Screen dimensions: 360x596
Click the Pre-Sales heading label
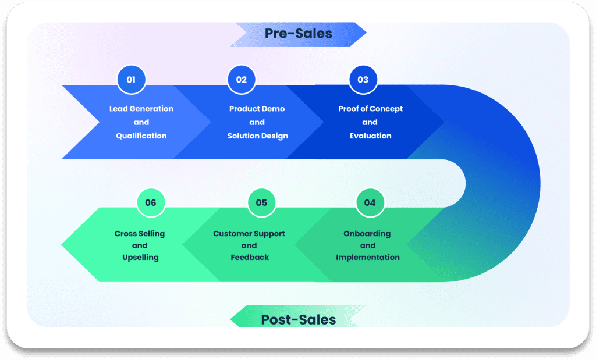point(298,34)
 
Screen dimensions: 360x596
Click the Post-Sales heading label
point(298,319)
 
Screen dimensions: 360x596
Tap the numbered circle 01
point(131,80)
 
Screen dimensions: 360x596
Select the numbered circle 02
point(241,80)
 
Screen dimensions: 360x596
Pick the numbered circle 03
point(363,80)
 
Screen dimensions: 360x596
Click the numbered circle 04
point(370,202)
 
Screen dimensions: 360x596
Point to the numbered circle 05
point(261,202)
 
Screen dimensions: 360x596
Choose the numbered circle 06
point(151,202)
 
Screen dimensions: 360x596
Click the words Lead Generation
point(141,109)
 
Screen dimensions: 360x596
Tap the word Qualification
point(141,136)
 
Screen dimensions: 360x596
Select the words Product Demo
point(257,109)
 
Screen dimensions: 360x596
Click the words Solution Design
point(257,136)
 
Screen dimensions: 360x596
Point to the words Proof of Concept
point(370,109)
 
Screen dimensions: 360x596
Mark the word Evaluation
point(370,136)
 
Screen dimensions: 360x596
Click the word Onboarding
point(367,234)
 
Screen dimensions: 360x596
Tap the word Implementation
point(367,257)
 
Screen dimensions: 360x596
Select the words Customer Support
point(249,234)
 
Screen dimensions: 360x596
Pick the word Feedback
point(250,257)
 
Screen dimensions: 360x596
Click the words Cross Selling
point(140,234)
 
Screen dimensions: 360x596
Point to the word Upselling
point(140,257)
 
